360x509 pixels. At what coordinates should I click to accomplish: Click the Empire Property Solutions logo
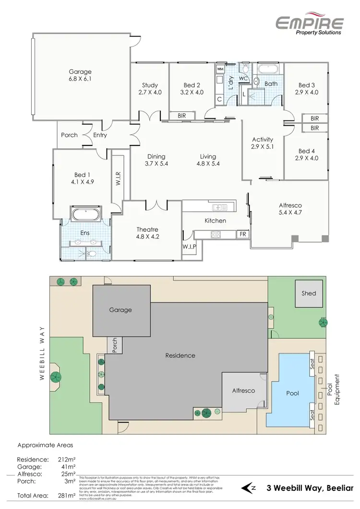tap(309, 24)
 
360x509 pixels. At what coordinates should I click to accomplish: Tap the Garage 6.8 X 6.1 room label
tap(80, 75)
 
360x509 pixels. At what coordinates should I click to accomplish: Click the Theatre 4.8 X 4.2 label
tap(147, 233)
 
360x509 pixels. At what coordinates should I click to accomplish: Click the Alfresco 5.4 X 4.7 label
tap(290, 208)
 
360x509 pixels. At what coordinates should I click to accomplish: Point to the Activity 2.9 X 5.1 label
tap(263, 143)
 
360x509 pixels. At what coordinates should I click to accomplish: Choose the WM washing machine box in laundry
tap(220, 69)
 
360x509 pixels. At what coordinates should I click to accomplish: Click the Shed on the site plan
tap(309, 293)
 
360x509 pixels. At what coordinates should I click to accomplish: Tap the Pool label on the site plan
tap(292, 393)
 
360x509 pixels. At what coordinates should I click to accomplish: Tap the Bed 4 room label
tap(307, 154)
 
